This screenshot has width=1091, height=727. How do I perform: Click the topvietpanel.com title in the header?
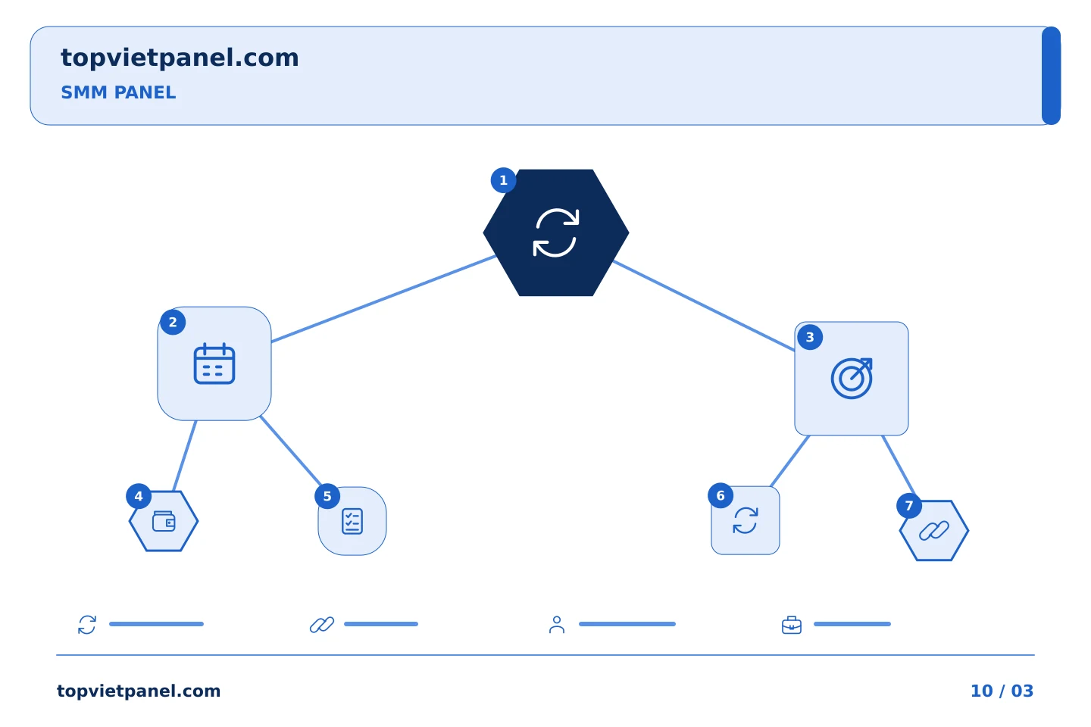pos(180,58)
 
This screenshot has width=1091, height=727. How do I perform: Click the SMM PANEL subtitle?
pos(118,92)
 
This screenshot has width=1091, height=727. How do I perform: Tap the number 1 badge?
pos(503,180)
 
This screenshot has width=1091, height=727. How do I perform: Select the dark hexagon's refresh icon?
pos(556,232)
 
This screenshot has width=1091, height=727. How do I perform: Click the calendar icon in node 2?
pos(214,363)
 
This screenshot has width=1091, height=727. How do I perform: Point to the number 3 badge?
pos(810,337)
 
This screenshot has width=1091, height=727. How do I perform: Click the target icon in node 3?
pos(852,379)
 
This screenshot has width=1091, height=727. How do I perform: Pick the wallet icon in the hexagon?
pos(164,521)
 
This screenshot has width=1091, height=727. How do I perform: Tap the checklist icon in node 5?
pos(352,521)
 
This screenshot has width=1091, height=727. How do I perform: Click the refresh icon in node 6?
pos(746,520)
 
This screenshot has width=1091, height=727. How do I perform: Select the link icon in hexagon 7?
pos(933,530)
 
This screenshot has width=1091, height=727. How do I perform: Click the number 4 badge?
pos(139,496)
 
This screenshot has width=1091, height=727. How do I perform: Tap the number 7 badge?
pos(909,506)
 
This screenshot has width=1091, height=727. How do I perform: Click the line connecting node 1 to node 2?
pos(383,298)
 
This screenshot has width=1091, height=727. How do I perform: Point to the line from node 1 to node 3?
pos(704,306)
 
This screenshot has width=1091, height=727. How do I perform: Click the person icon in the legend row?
pos(557,625)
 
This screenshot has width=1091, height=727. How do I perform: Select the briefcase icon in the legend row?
pos(792,626)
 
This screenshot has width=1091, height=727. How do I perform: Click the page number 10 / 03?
pos(1002,691)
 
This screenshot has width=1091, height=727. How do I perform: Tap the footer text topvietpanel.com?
pos(139,691)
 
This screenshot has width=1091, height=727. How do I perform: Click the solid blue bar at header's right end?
pos(1051,76)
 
